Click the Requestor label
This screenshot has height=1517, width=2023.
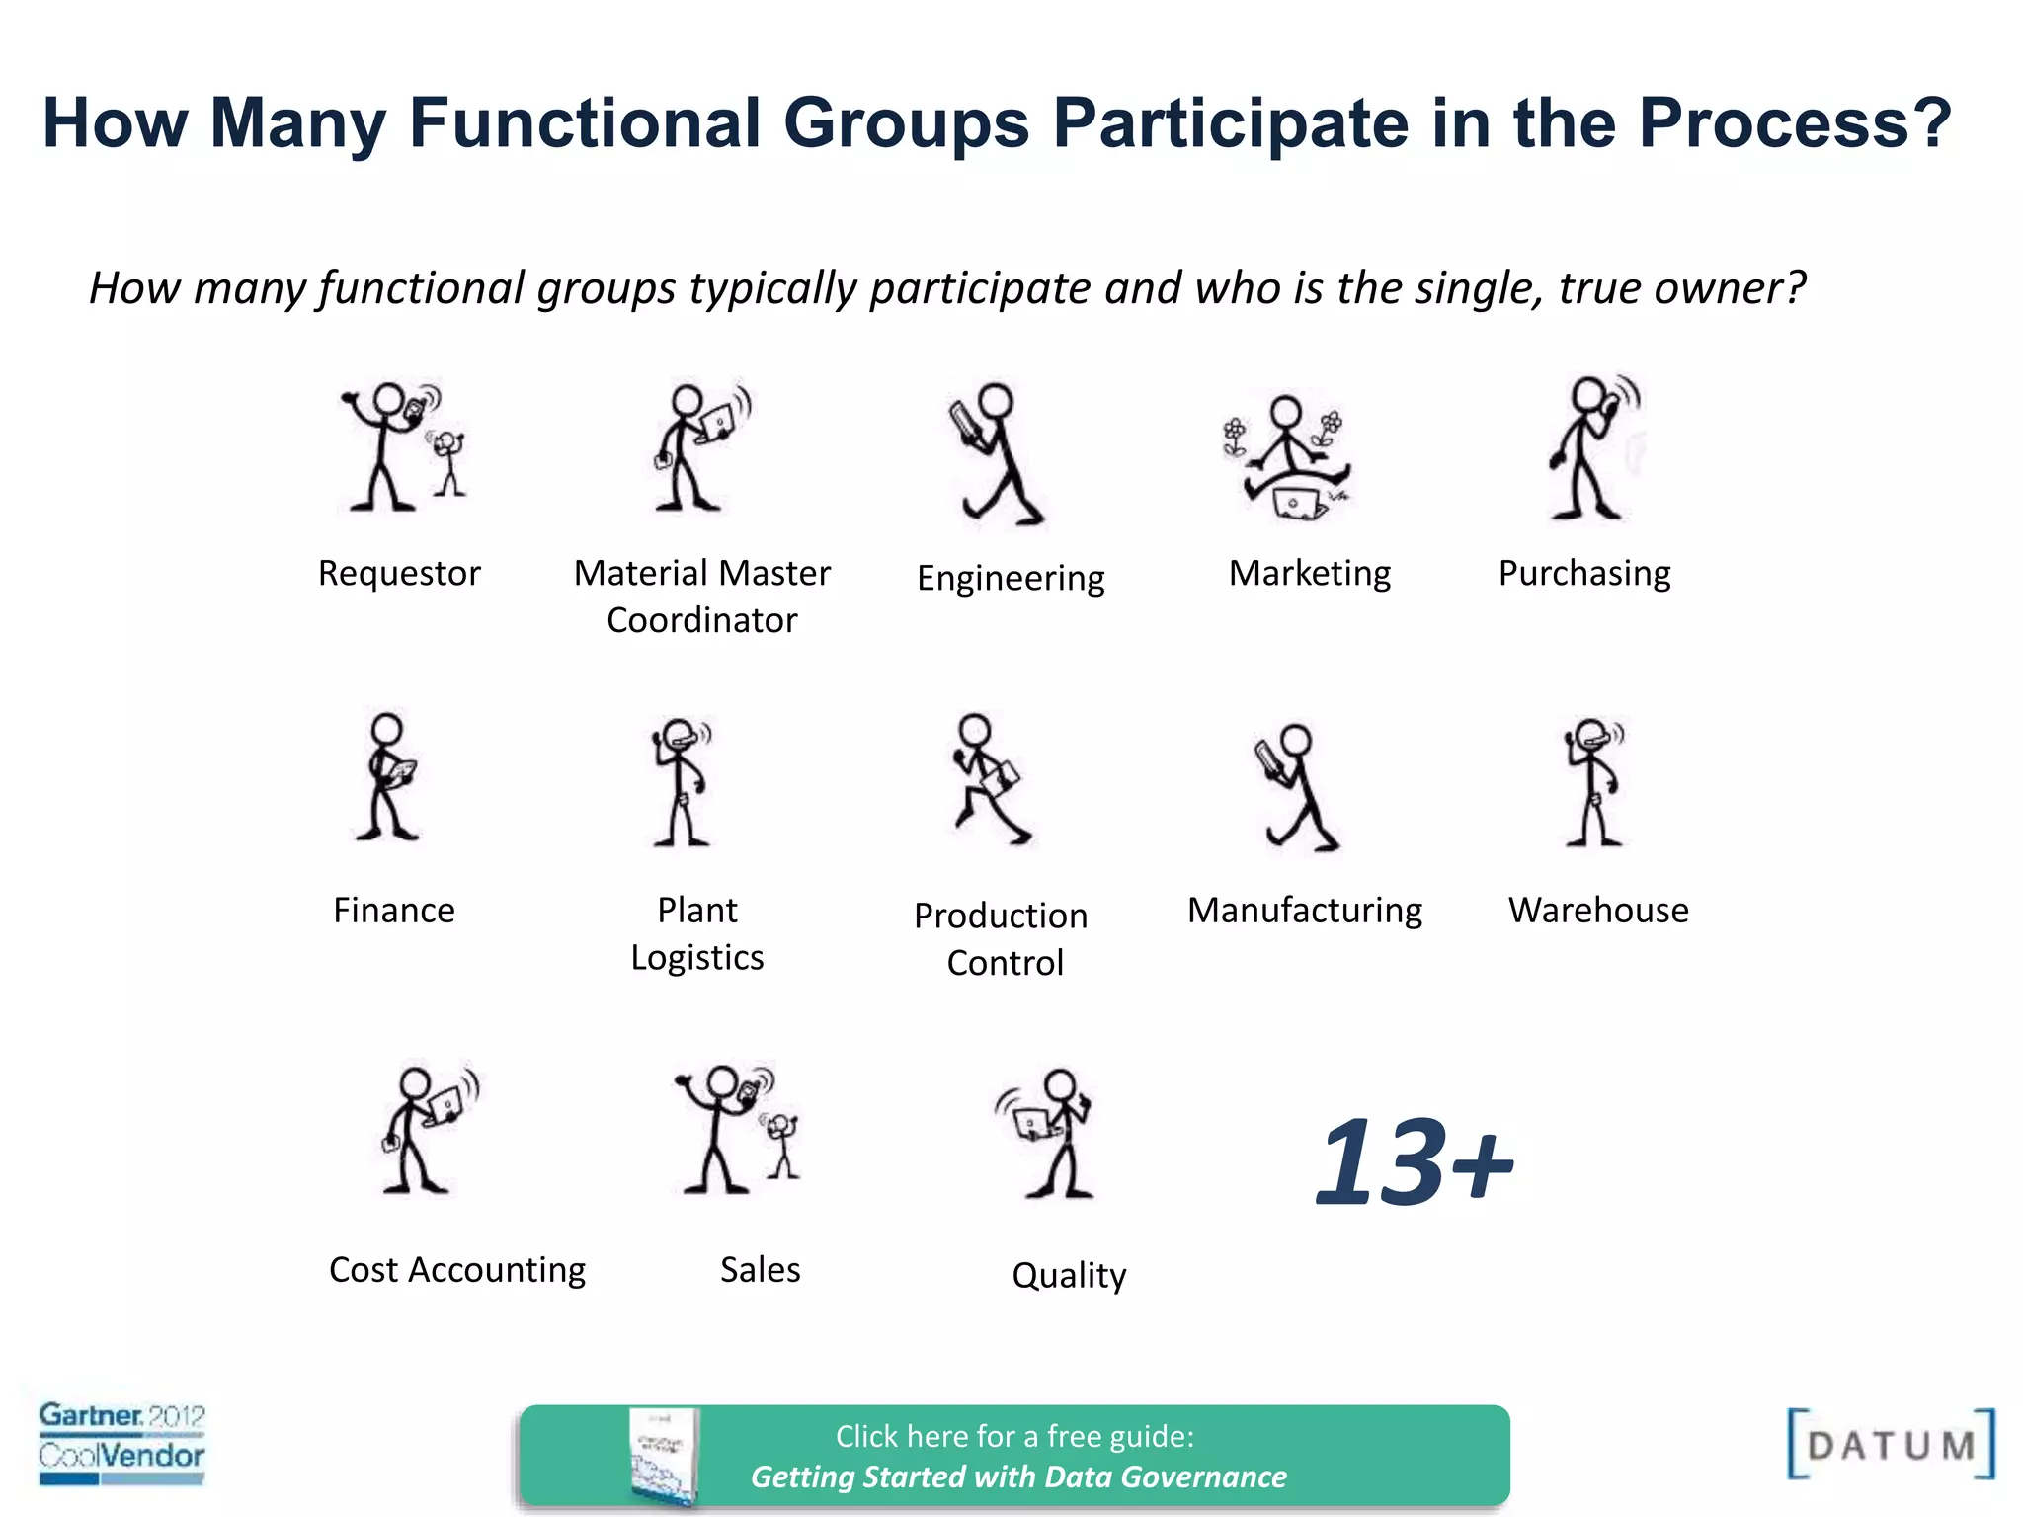(x=399, y=573)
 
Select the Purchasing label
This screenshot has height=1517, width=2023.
(x=1584, y=573)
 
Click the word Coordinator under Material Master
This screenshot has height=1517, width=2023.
(x=701, y=620)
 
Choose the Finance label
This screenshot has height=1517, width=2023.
(x=394, y=910)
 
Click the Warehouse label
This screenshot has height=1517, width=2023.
(x=1598, y=910)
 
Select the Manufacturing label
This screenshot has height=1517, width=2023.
(x=1305, y=910)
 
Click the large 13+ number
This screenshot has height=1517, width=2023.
(x=1415, y=1162)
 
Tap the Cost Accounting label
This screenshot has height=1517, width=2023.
(x=457, y=1269)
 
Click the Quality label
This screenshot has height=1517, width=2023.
(x=1069, y=1275)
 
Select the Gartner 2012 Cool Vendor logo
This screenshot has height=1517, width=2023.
(x=121, y=1442)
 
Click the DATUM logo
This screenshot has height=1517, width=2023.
(x=1891, y=1444)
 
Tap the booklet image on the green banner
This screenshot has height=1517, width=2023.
(x=664, y=1457)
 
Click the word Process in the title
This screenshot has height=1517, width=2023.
(x=1794, y=123)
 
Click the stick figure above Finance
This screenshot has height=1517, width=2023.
(x=388, y=777)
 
